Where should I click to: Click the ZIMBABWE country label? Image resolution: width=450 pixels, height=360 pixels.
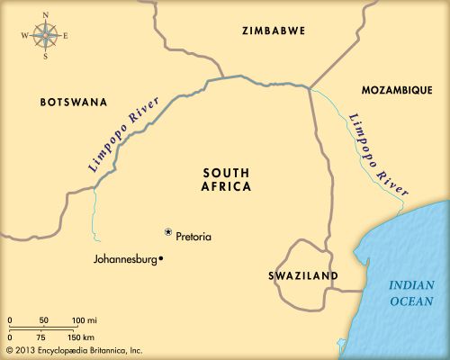coord(274,31)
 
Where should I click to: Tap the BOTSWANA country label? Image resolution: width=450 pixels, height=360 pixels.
coord(74,103)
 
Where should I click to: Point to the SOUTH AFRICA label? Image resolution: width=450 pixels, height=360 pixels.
coord(227,179)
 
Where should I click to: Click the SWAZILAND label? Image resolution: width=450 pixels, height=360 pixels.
coord(303,275)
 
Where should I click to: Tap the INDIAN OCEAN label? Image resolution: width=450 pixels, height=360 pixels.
coord(411,292)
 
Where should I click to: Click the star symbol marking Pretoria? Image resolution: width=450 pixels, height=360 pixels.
coord(167,232)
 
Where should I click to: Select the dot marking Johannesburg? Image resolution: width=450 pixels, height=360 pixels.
coord(160,260)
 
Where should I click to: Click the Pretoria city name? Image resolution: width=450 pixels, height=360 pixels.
coord(194,237)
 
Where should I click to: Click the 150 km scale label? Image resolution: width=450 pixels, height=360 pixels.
coord(83,337)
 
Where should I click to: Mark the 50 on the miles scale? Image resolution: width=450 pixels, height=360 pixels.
coord(44,320)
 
